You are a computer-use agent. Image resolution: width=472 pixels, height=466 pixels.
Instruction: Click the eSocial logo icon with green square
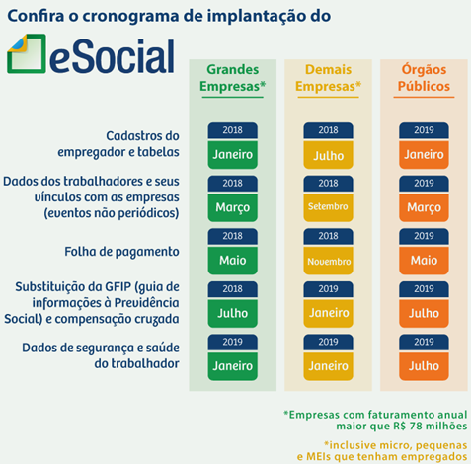(x=27, y=53)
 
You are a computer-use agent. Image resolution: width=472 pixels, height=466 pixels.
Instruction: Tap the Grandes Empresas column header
(x=233, y=78)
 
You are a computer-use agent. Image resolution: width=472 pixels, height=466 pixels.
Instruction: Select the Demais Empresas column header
(x=328, y=78)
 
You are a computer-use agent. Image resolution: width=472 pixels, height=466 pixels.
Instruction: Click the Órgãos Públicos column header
(x=424, y=78)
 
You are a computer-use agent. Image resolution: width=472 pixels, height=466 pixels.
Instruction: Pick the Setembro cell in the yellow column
(x=328, y=207)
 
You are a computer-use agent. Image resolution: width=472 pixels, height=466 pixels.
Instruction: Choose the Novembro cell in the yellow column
(x=328, y=261)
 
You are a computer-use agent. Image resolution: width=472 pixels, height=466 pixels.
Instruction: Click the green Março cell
(x=233, y=207)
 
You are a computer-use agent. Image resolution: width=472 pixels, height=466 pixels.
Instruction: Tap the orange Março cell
(x=424, y=207)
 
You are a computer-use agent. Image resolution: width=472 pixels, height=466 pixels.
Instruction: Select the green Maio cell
(x=233, y=261)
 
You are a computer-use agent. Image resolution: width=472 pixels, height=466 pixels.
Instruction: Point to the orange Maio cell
(x=424, y=261)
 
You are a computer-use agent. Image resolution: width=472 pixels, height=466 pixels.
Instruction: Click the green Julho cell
(x=233, y=313)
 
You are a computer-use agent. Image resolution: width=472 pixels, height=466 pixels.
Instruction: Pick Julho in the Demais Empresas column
(x=328, y=155)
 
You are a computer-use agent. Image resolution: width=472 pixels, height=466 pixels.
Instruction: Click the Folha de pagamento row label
(x=121, y=252)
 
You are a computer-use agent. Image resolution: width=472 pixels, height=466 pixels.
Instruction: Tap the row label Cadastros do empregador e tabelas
(x=118, y=144)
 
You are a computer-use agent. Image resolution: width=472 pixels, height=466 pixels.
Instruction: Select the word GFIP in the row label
(x=118, y=286)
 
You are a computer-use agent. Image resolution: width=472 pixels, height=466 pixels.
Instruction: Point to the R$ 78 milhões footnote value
(x=431, y=426)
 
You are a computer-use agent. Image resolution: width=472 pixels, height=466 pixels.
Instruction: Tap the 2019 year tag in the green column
(x=233, y=342)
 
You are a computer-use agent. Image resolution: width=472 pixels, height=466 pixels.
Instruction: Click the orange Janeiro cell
(x=424, y=154)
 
